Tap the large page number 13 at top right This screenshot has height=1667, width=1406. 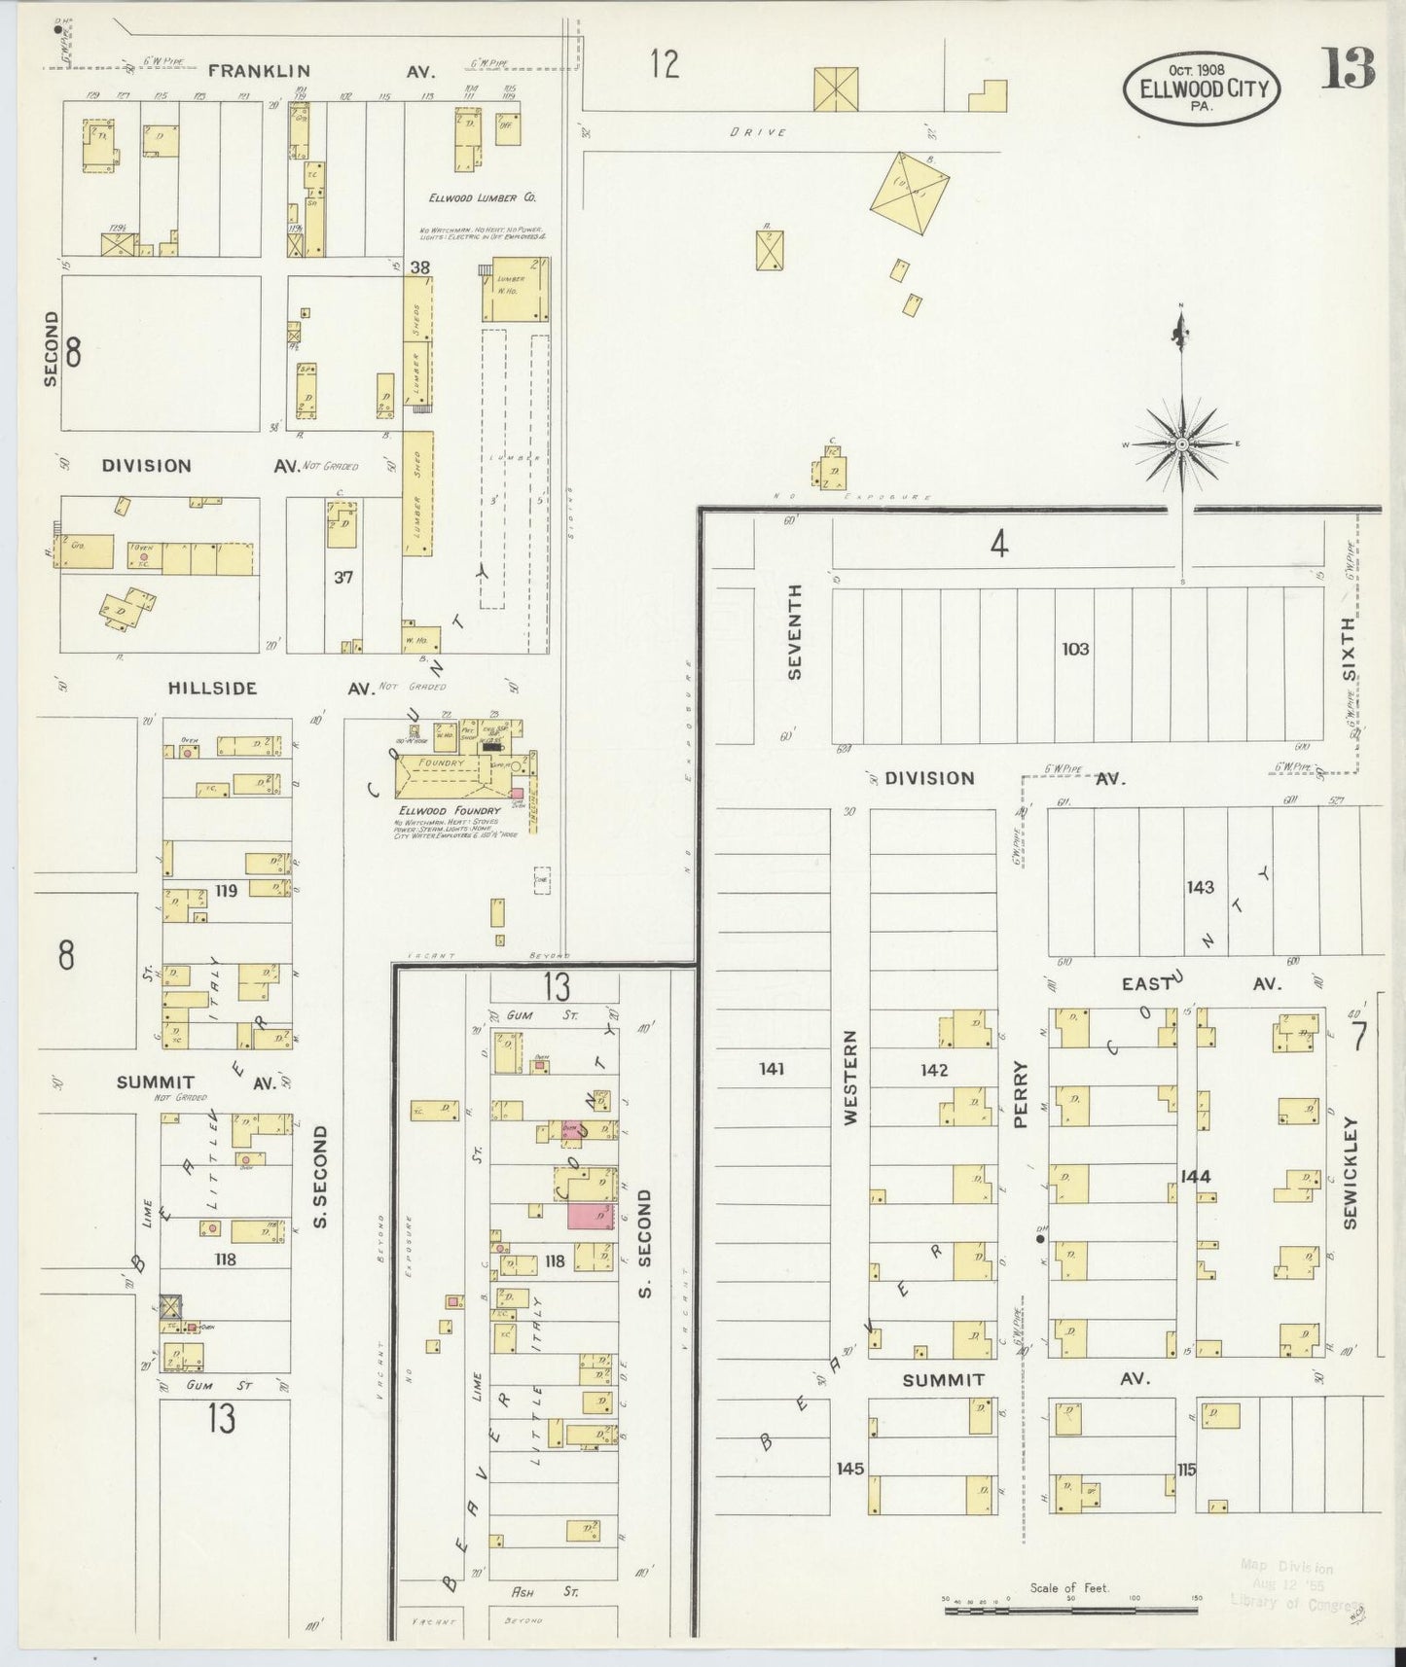[1348, 68]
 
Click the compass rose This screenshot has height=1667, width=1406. [1181, 444]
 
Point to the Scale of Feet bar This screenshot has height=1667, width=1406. [1070, 1612]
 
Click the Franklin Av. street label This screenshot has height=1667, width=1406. [259, 71]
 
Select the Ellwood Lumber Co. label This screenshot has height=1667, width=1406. [483, 197]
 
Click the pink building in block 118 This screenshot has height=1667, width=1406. [592, 1217]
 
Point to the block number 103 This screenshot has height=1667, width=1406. [1075, 649]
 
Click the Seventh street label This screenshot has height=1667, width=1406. [795, 631]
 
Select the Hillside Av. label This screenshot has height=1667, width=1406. [212, 689]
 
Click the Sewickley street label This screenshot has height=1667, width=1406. [1351, 1172]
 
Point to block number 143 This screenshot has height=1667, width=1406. [1200, 887]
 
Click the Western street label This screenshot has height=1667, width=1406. [850, 1078]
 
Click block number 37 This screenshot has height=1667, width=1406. [342, 577]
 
